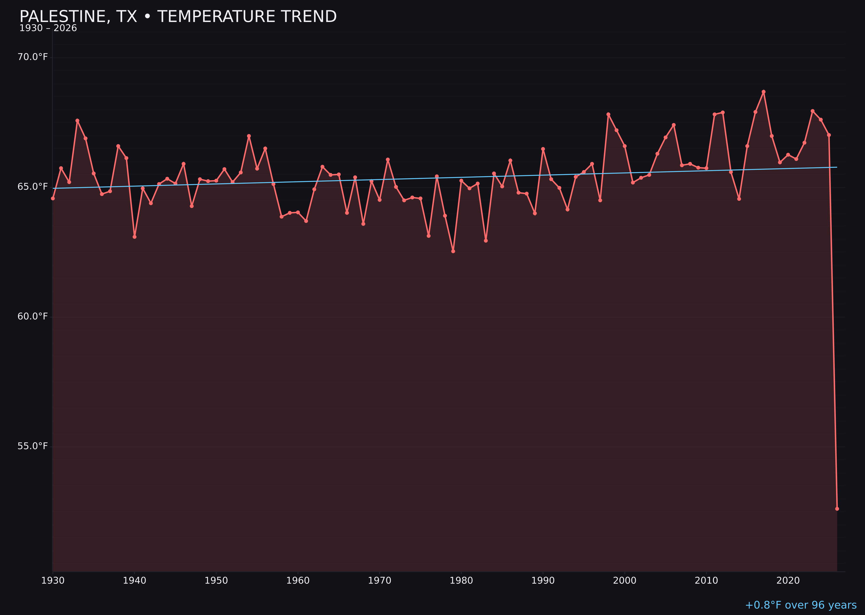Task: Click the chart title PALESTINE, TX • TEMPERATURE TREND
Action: (x=178, y=17)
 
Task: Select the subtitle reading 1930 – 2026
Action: (x=48, y=28)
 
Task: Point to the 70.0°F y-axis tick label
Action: (x=33, y=57)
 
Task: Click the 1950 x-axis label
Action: (x=216, y=581)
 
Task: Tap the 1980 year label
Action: (x=461, y=581)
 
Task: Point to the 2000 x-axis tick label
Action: (x=625, y=581)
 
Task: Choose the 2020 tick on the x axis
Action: (x=788, y=581)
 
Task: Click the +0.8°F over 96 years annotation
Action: (x=801, y=605)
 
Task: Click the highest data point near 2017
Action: (x=764, y=92)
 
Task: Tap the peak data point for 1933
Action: (x=77, y=120)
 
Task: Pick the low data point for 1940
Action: (x=135, y=237)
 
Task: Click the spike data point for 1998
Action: (x=608, y=114)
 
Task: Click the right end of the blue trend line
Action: (x=837, y=167)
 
